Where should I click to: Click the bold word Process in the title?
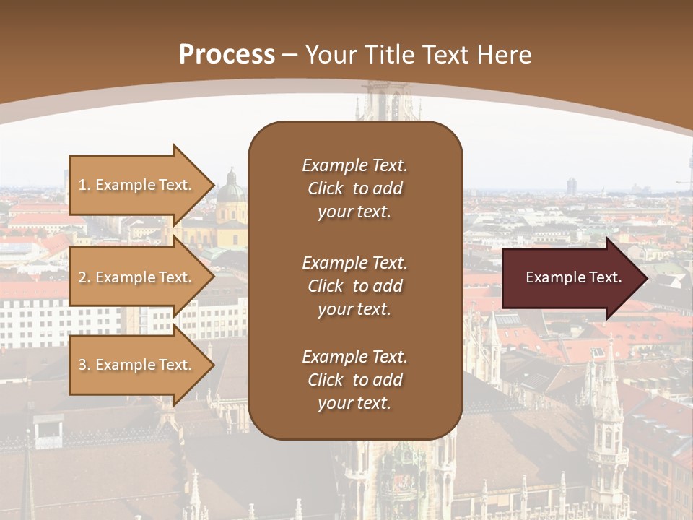pos(227,55)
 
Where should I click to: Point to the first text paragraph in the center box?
pos(354,188)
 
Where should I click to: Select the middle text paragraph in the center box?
pos(354,286)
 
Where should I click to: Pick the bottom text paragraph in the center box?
pos(354,380)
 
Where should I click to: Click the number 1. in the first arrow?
pos(84,185)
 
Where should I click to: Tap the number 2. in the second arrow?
pos(84,277)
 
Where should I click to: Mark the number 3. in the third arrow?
pos(84,365)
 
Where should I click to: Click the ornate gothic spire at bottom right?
pos(608,419)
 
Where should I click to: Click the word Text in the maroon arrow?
pos(605,278)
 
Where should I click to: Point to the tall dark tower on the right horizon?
pos(571,186)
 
